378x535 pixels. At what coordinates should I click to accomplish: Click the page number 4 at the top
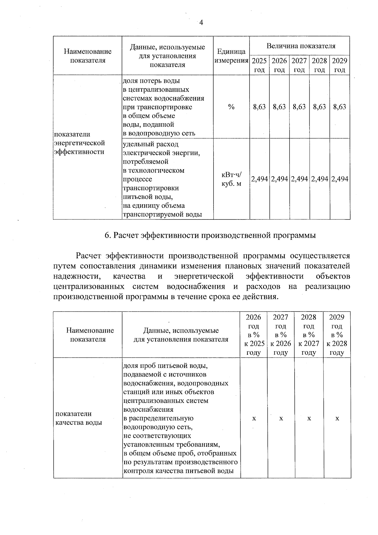click(201, 22)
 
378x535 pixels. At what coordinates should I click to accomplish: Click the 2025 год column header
click(259, 65)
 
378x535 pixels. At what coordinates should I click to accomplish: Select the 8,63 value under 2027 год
click(299, 107)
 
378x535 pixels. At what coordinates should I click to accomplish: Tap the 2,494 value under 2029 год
click(340, 179)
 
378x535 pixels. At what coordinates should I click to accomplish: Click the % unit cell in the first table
click(231, 107)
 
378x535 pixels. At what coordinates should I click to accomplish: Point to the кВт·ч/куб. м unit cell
click(231, 179)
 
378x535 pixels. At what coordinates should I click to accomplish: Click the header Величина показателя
click(301, 46)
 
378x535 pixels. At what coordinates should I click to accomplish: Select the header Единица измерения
click(231, 56)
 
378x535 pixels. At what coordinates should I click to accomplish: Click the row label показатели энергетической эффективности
click(79, 143)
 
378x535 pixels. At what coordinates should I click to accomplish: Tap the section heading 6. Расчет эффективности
click(210, 235)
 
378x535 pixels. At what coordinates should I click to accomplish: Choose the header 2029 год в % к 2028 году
click(337, 334)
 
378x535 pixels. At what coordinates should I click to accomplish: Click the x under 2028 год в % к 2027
click(309, 418)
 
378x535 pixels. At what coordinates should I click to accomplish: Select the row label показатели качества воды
click(79, 418)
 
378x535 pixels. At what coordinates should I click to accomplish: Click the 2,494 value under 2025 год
click(259, 179)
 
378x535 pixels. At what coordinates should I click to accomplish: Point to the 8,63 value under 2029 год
click(340, 107)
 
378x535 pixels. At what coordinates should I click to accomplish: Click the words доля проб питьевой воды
click(165, 366)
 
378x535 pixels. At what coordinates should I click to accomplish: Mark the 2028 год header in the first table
click(319, 65)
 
